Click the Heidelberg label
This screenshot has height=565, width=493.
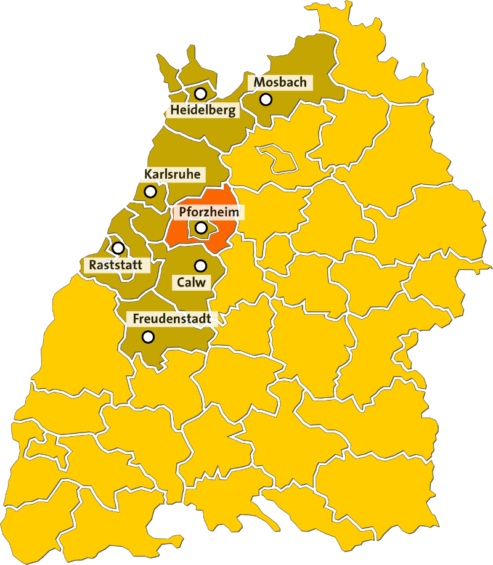203,111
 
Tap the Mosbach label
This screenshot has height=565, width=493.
280,82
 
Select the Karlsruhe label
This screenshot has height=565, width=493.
172,174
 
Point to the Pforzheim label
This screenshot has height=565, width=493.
208,212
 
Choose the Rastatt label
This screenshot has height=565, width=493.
116,266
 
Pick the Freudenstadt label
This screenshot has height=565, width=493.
172,319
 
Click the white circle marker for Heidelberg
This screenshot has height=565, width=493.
200,94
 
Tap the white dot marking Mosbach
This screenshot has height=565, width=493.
266,99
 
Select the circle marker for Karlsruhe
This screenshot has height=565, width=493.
150,192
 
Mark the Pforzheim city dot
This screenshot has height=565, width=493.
201,228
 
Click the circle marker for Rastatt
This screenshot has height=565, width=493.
118,248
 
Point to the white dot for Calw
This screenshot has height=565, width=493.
200,266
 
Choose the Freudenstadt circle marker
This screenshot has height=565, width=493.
148,337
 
